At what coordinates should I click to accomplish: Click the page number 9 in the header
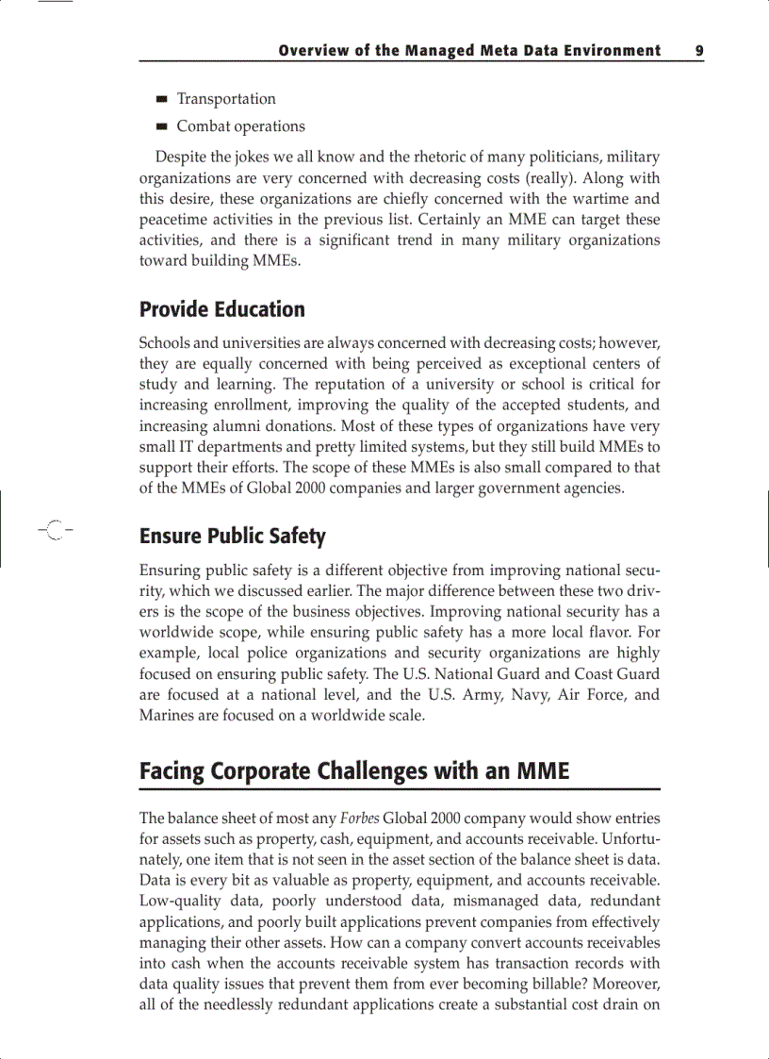point(699,51)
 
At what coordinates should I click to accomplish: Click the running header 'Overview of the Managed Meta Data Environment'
point(469,51)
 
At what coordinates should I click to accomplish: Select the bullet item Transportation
point(226,99)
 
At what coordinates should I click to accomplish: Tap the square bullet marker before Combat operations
point(162,126)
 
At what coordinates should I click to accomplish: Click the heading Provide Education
point(222,309)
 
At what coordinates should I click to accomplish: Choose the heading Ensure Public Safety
point(232,537)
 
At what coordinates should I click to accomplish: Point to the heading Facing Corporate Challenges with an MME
point(354,771)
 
